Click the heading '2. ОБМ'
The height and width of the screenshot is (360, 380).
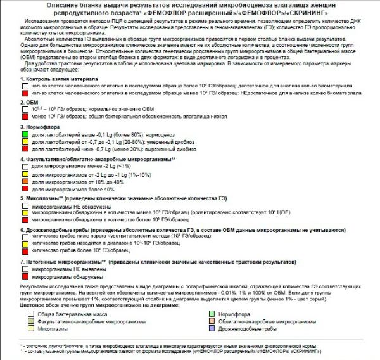click(31, 101)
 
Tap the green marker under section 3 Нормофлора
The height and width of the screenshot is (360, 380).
click(26, 135)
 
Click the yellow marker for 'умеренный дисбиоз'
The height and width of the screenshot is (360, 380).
click(26, 142)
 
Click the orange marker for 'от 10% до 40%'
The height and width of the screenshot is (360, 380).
click(26, 182)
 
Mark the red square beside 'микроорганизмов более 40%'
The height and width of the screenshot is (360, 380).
click(26, 189)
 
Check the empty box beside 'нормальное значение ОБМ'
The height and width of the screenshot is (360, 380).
click(26, 109)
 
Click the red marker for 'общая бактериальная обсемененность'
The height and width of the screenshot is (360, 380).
click(26, 116)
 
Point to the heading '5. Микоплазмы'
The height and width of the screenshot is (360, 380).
click(45, 199)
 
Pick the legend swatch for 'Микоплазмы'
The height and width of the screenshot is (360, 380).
click(26, 329)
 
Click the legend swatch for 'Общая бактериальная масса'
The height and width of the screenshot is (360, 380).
click(26, 314)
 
